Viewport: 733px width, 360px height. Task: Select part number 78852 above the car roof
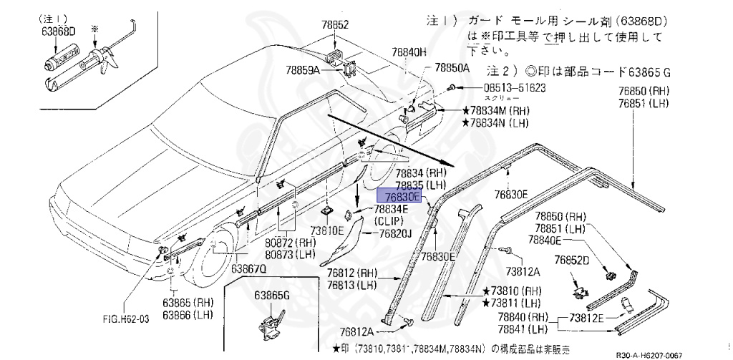334,25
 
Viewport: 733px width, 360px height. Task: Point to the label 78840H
408,52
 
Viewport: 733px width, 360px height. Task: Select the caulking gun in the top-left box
106,59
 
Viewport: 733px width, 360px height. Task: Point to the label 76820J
395,233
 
